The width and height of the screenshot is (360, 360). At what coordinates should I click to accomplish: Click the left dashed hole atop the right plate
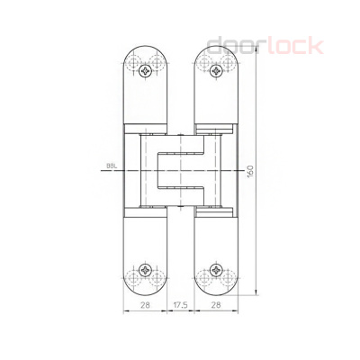[206, 65]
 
